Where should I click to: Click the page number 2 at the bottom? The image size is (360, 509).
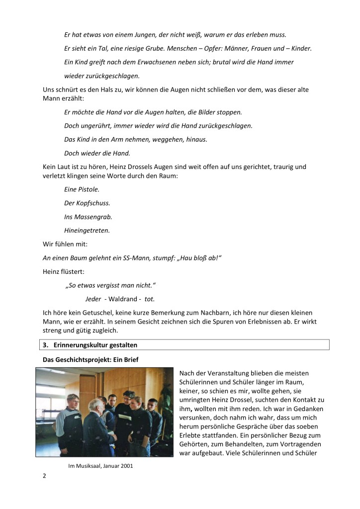[45, 476]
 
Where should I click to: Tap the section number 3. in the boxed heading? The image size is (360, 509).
[45, 344]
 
